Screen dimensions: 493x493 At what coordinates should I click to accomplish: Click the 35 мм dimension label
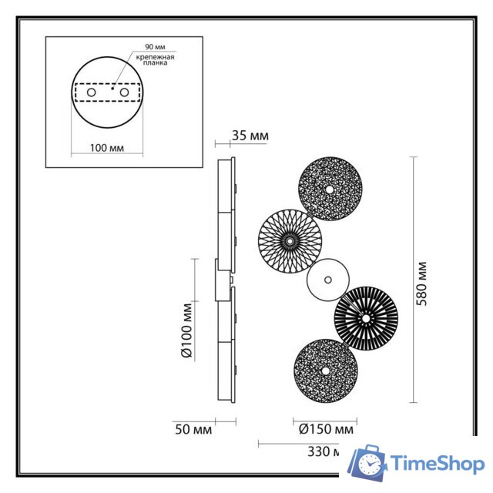[250, 136]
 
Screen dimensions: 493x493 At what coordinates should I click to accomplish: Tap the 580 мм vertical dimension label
[421, 283]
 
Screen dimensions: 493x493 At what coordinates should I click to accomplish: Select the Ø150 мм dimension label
[324, 430]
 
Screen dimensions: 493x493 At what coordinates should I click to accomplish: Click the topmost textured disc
[330, 189]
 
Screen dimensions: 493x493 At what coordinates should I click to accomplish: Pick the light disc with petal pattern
[290, 241]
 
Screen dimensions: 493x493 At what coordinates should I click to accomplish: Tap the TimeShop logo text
[436, 464]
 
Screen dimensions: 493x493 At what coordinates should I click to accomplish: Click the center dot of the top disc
[330, 189]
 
